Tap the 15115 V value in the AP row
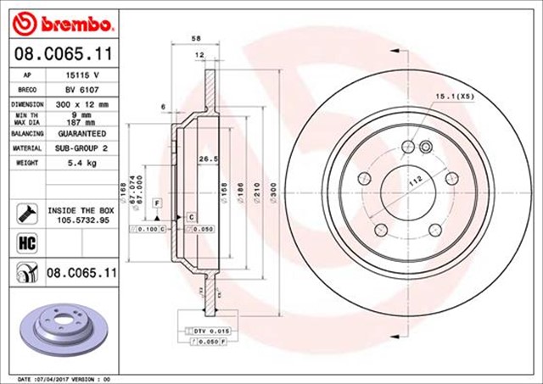(x=82, y=75)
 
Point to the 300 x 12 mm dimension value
(x=82, y=103)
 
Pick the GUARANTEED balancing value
(x=82, y=133)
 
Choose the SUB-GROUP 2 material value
(x=82, y=147)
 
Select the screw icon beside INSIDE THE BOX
(x=25, y=211)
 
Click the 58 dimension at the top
(x=197, y=38)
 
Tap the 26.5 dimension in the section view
(x=204, y=159)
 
